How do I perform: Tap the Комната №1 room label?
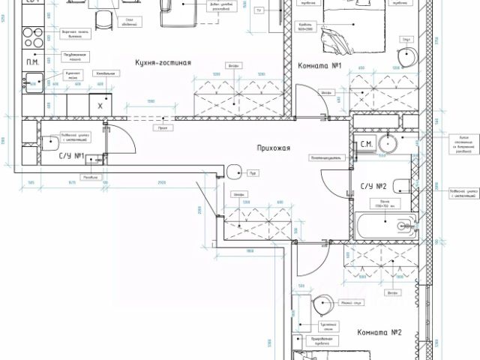(x=320, y=66)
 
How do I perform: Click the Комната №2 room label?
(x=379, y=332)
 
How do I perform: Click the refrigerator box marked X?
(x=100, y=106)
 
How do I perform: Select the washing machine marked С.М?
(x=367, y=143)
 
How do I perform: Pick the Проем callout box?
(x=161, y=127)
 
